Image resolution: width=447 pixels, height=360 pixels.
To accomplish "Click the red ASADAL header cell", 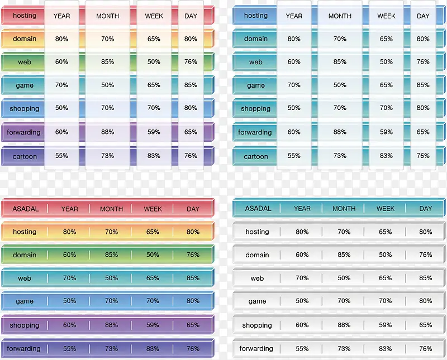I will click(25, 209).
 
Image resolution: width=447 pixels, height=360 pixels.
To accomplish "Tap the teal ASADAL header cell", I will click(258, 208).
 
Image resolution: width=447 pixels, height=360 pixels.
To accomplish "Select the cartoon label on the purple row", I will click(25, 156).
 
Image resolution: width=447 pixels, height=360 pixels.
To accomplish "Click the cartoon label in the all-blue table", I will click(256, 156).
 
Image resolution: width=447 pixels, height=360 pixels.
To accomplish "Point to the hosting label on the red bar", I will click(25, 16).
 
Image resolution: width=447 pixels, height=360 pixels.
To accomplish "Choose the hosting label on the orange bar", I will click(25, 232).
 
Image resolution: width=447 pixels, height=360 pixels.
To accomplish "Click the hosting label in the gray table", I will click(257, 232).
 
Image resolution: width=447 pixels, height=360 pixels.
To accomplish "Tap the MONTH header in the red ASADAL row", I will click(111, 209).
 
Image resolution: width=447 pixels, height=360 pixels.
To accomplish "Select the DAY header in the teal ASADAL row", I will click(426, 208).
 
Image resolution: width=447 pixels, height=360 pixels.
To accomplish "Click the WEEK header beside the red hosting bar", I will click(154, 16).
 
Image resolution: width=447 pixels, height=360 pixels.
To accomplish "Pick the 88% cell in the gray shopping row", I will click(344, 325).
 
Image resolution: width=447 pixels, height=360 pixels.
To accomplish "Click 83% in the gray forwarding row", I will click(386, 348).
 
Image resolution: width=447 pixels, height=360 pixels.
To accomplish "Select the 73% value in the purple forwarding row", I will click(111, 348).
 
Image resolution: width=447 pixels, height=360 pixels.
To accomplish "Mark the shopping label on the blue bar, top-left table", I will click(25, 109).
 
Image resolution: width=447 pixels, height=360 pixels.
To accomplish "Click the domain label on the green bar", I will click(25, 255).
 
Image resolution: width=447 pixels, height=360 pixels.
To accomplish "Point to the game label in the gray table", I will click(257, 301).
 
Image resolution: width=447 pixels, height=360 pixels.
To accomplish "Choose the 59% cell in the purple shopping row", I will click(153, 325).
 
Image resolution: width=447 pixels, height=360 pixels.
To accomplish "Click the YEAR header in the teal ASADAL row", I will click(302, 208).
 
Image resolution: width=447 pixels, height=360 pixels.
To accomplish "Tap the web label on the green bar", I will click(25, 63).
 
